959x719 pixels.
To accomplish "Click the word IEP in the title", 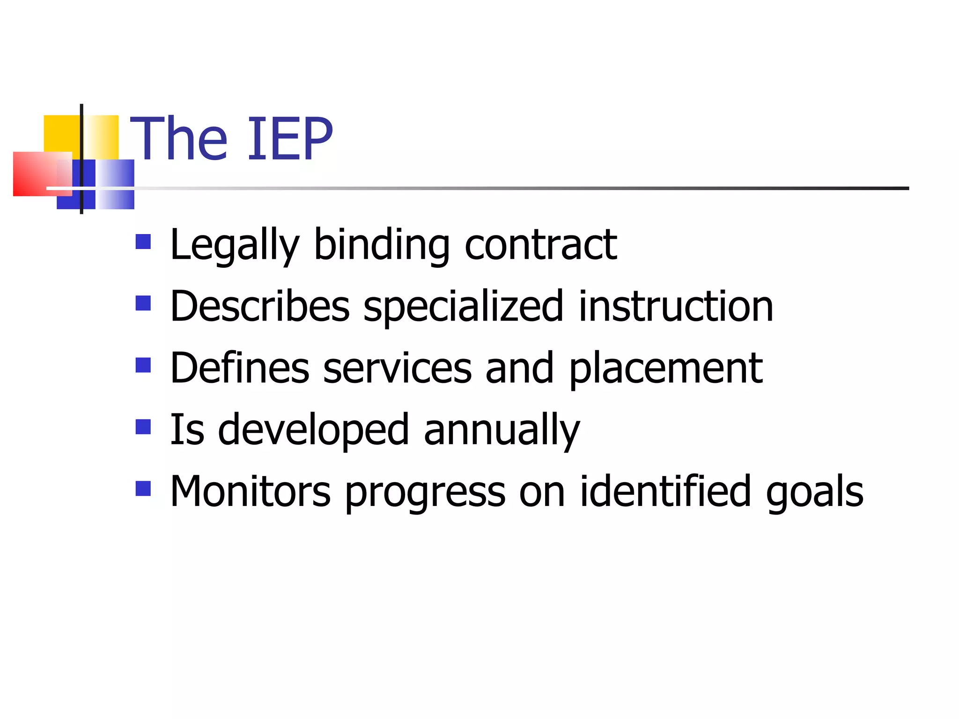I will [290, 139].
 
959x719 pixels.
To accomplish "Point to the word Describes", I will [260, 307].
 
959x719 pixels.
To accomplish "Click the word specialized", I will [464, 308].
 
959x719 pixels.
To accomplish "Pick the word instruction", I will [676, 307].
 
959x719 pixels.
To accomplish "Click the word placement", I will [666, 369].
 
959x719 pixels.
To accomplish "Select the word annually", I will [502, 431].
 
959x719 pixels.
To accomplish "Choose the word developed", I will [314, 431].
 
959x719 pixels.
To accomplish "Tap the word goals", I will [814, 493].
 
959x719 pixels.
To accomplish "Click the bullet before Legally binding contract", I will [143, 242].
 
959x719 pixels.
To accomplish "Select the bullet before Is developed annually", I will [143, 427].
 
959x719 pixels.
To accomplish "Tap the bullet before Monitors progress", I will [143, 489].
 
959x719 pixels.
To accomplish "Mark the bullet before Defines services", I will [143, 365].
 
